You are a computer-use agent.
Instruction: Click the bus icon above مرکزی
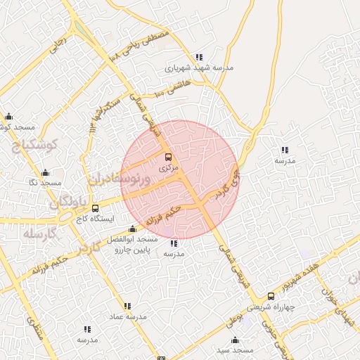click(168, 157)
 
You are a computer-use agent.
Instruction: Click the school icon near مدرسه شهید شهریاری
click(199, 57)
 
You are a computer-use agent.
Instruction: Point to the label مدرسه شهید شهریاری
click(198, 68)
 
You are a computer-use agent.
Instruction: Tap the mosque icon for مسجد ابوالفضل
click(132, 229)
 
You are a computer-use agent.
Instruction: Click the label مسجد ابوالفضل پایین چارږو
click(131, 245)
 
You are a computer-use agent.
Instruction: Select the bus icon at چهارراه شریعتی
click(271, 296)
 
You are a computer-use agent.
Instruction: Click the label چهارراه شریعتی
click(271, 307)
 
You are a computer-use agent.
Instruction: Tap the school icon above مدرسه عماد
click(127, 306)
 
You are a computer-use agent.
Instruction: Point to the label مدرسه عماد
click(127, 317)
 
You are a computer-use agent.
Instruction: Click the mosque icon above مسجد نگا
click(46, 172)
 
